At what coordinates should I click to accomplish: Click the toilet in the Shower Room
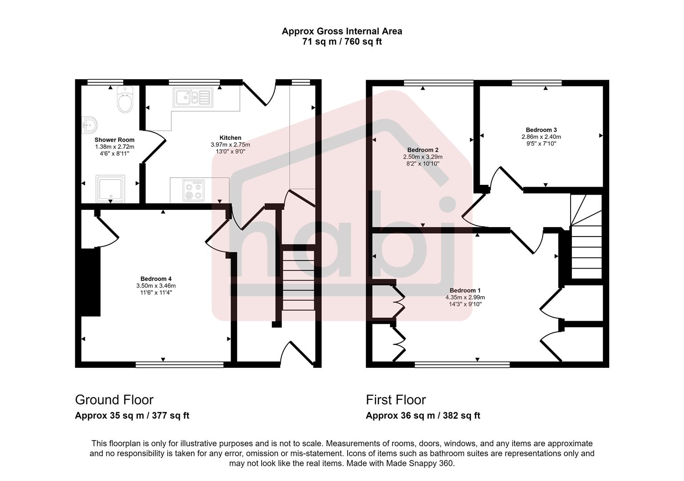pos(125,101)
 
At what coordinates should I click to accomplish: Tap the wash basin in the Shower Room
pos(90,125)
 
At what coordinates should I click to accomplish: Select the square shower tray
pos(110,188)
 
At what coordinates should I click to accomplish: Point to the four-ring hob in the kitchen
pos(194,190)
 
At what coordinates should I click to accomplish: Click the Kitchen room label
pos(230,138)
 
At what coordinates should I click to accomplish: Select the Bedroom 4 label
pos(156,279)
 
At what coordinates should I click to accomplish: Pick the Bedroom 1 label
pos(465,290)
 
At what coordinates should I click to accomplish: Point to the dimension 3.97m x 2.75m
pos(230,145)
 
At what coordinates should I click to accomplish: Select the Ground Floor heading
pos(114,399)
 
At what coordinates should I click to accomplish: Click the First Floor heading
pos(396,399)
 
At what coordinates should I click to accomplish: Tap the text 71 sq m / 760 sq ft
pos(342,42)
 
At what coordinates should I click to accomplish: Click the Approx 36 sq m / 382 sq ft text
pos(423,416)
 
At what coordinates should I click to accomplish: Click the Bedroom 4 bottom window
pos(179,365)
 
